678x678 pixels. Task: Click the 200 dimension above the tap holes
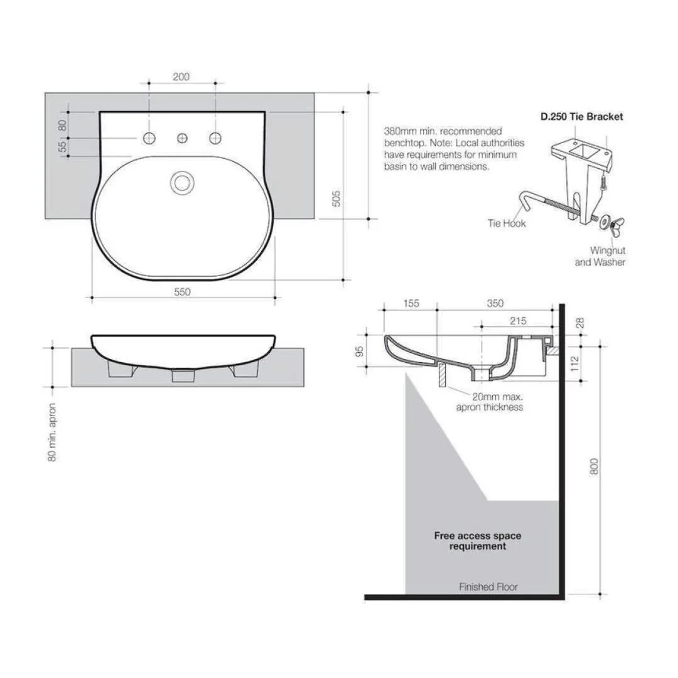(x=181, y=77)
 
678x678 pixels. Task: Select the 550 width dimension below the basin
(x=181, y=291)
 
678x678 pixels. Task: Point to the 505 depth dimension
(x=336, y=198)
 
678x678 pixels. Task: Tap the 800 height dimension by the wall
(x=595, y=465)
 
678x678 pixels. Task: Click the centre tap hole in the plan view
(x=183, y=137)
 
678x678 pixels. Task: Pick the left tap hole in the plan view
(x=149, y=137)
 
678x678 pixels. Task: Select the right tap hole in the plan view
(x=215, y=137)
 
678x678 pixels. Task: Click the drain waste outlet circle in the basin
(x=183, y=183)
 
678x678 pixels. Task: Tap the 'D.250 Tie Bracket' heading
(x=582, y=117)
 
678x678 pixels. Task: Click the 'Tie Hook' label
(x=506, y=223)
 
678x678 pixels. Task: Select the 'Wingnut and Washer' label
(x=600, y=256)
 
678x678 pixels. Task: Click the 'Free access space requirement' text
(x=477, y=541)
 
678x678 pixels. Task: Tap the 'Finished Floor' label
(x=488, y=587)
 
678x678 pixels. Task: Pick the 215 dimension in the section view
(x=517, y=321)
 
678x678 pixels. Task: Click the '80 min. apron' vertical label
(x=53, y=432)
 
